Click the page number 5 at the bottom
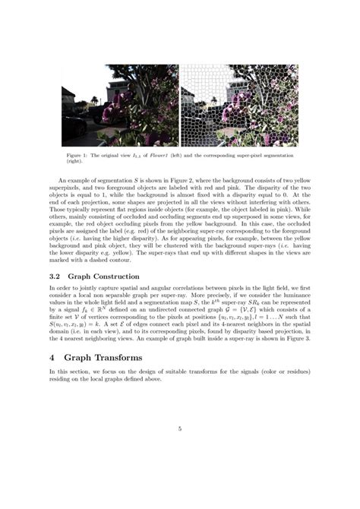180,429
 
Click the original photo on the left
119,106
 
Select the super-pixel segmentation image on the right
239,106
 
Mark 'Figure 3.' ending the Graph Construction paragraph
296,337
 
